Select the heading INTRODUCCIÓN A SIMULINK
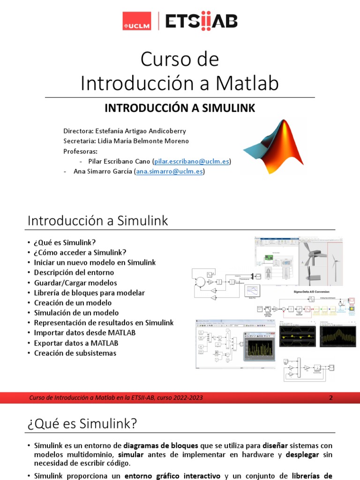(180, 108)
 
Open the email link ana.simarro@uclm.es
(170, 172)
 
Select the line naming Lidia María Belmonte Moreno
(126, 141)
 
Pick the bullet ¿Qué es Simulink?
(65, 242)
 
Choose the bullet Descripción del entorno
(74, 272)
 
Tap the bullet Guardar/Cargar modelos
(75, 283)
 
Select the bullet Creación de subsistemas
(75, 353)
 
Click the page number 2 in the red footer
(330, 398)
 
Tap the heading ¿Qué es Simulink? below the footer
(82, 424)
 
